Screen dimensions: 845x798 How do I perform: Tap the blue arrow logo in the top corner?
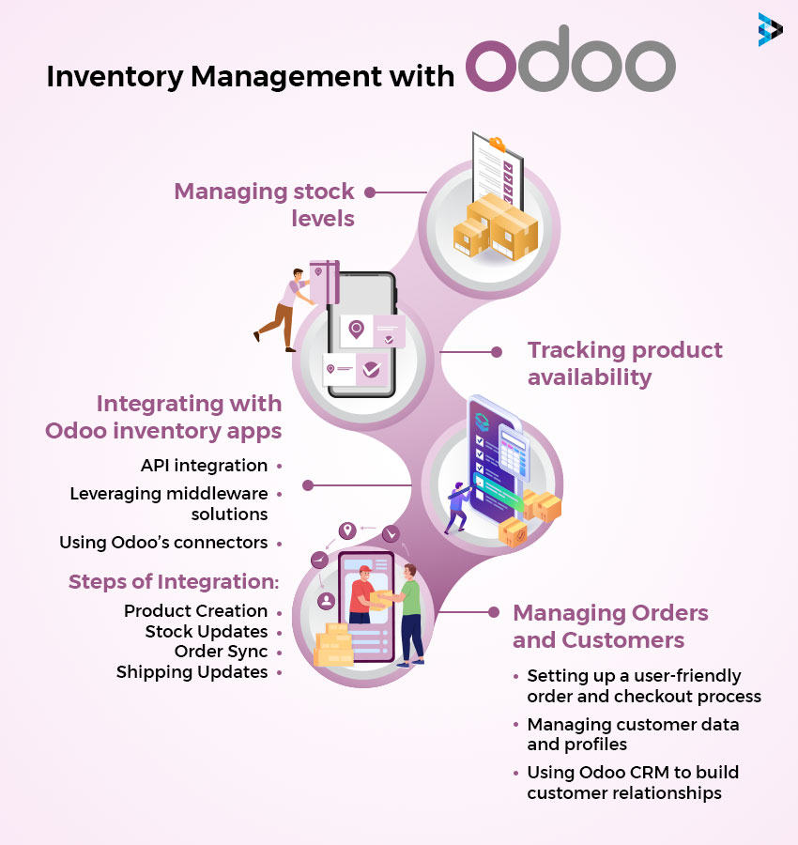pyautogui.click(x=770, y=29)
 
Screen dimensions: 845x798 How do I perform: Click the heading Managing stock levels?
pyautogui.click(x=264, y=205)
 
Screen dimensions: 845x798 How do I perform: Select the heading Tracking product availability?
pyautogui.click(x=624, y=363)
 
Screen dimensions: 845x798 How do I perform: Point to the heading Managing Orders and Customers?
pyautogui.click(x=609, y=626)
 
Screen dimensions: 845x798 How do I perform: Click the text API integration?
pyautogui.click(x=204, y=466)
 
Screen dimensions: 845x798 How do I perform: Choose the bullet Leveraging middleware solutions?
pyautogui.click(x=169, y=503)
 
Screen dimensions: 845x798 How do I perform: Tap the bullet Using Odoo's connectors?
pyautogui.click(x=163, y=543)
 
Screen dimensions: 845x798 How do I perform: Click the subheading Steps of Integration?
pyautogui.click(x=174, y=582)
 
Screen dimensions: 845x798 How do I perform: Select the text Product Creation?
pyautogui.click(x=195, y=611)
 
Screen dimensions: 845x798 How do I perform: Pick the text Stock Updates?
pyautogui.click(x=207, y=632)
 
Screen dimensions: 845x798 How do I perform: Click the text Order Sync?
pyautogui.click(x=221, y=652)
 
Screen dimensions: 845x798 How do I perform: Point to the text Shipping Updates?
pyautogui.click(x=192, y=672)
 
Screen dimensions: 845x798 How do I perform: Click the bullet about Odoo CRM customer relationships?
pyautogui.click(x=632, y=783)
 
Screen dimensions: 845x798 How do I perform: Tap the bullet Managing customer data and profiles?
pyautogui.click(x=632, y=734)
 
